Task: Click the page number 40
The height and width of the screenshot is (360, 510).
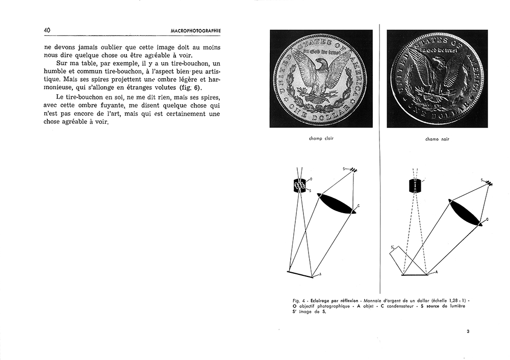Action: [46, 31]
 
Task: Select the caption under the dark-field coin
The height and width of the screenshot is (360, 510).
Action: [437, 139]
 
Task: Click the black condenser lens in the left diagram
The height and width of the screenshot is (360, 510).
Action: [336, 203]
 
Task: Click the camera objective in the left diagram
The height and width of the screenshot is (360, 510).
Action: [300, 186]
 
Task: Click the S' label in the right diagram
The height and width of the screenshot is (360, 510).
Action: [393, 248]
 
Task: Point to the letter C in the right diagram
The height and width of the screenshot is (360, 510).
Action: [487, 219]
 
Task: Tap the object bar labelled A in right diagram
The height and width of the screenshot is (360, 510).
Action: [415, 275]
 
